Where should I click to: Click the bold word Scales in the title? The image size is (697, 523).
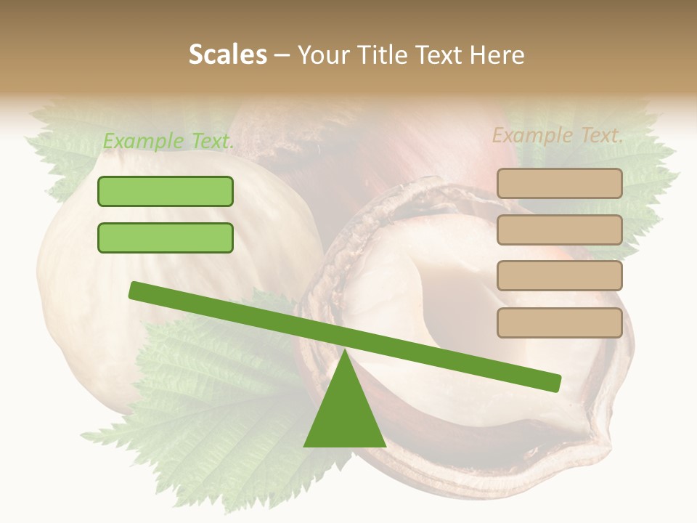click(x=227, y=55)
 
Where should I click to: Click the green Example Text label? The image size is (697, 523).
click(x=168, y=141)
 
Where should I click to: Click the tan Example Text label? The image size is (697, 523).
click(x=558, y=135)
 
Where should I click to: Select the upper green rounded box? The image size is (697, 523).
click(x=166, y=191)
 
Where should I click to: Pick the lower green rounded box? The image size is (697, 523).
click(x=166, y=238)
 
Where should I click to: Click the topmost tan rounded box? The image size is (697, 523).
click(x=559, y=183)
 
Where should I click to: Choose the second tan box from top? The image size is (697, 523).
click(x=559, y=230)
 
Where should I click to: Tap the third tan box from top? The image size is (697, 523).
click(x=559, y=275)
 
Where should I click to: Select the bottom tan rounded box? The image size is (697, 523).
click(x=559, y=323)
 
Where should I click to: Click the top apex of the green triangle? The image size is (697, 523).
click(x=344, y=352)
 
